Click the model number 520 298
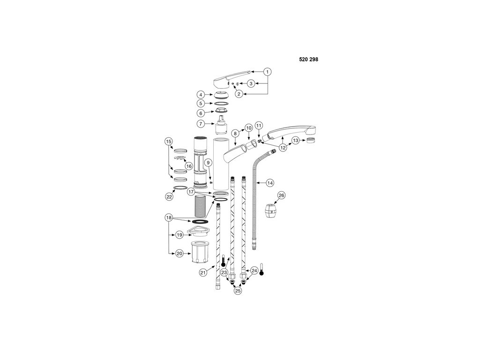pos(308,60)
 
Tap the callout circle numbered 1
pos(267,72)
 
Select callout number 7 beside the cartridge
pos(200,124)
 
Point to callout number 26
pos(281,195)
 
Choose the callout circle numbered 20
pos(179,253)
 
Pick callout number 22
pos(169,197)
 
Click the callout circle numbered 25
pos(238,291)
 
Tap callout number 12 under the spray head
pos(283,148)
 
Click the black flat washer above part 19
pos(200,221)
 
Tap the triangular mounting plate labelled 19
pos(196,232)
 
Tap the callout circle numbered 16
pos(188,166)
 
